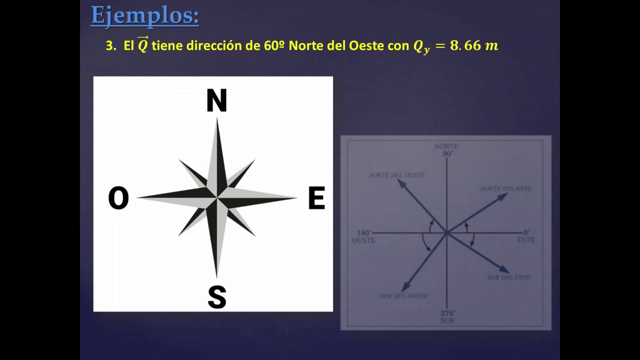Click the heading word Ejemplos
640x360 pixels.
pyautogui.click(x=144, y=15)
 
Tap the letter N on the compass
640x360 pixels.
pyautogui.click(x=216, y=100)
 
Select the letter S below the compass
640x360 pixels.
pyautogui.click(x=217, y=297)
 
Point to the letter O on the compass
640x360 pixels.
pyautogui.click(x=118, y=198)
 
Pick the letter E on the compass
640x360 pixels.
pyautogui.click(x=316, y=198)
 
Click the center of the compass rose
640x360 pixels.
pyautogui.click(x=217, y=198)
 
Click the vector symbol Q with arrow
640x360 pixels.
pyautogui.click(x=143, y=45)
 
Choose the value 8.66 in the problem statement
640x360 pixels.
pyautogui.click(x=465, y=46)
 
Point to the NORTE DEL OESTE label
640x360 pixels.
pyautogui.click(x=396, y=175)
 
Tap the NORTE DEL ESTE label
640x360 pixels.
pyautogui.click(x=505, y=188)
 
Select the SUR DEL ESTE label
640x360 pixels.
pyautogui.click(x=508, y=277)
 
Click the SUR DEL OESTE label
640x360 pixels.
pyautogui.click(x=403, y=296)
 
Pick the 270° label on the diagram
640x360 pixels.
pyautogui.click(x=447, y=313)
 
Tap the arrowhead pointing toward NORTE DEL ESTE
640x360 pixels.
pyautogui.click(x=503, y=195)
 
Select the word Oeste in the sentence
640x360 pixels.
pyautogui.click(x=366, y=46)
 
